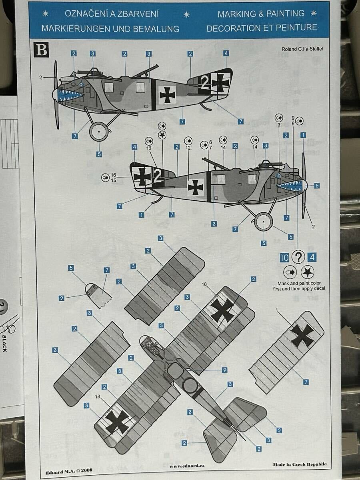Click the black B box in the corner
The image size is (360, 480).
point(41,50)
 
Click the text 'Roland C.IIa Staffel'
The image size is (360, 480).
point(302,49)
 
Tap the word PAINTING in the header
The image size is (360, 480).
point(285,14)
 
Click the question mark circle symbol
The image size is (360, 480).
point(298,257)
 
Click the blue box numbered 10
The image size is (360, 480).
point(284,258)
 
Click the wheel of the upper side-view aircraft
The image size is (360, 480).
point(98,132)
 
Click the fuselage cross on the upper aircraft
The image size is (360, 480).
point(167,95)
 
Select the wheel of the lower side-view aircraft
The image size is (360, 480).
point(264,222)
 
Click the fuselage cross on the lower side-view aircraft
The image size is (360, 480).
point(196,187)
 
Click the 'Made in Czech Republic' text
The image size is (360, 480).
point(300,464)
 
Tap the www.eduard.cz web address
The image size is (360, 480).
point(187,466)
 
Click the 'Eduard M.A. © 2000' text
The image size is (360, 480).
point(69,470)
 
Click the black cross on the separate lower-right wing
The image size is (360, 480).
point(303,336)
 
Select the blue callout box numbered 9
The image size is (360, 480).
point(224,370)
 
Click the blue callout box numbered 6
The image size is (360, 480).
point(290,237)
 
